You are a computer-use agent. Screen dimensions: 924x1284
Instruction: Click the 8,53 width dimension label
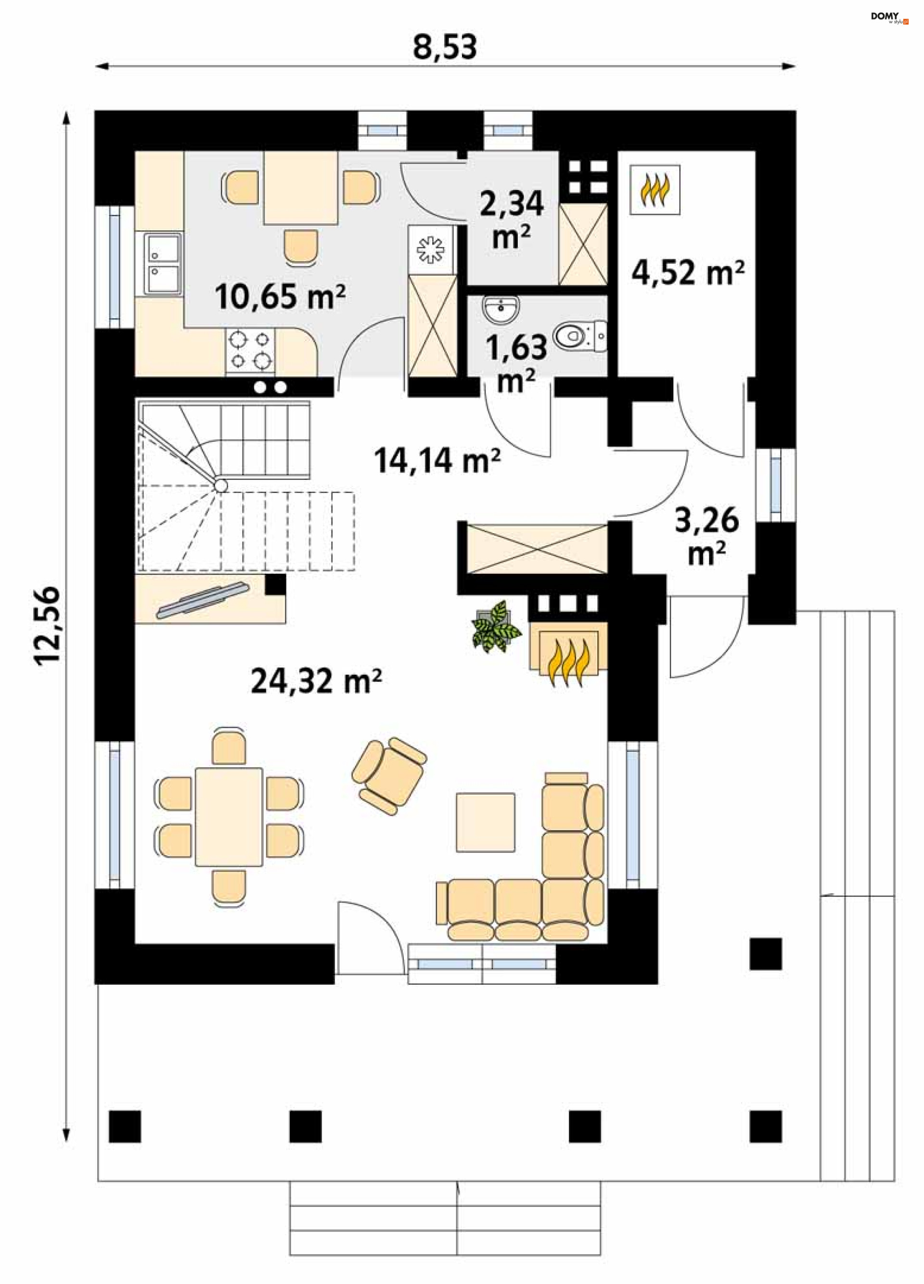point(445,47)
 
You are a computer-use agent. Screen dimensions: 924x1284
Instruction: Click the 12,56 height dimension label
point(47,626)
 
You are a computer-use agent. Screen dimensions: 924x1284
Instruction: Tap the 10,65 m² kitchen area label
point(280,295)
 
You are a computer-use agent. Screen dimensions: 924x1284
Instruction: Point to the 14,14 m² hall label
point(437,460)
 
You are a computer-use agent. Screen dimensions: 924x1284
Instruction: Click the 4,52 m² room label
point(688,272)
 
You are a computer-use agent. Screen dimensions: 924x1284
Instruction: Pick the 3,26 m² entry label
point(706,536)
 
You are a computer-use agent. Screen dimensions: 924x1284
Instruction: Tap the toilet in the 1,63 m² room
point(580,337)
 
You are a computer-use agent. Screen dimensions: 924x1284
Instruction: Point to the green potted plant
point(496,627)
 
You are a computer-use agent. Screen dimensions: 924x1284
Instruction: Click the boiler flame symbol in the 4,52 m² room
point(655,190)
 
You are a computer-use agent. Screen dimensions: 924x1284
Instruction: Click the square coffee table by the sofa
point(486,822)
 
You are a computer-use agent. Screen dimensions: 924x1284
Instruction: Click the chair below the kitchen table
point(301,247)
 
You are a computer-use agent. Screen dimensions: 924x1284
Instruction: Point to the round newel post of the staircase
point(221,485)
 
